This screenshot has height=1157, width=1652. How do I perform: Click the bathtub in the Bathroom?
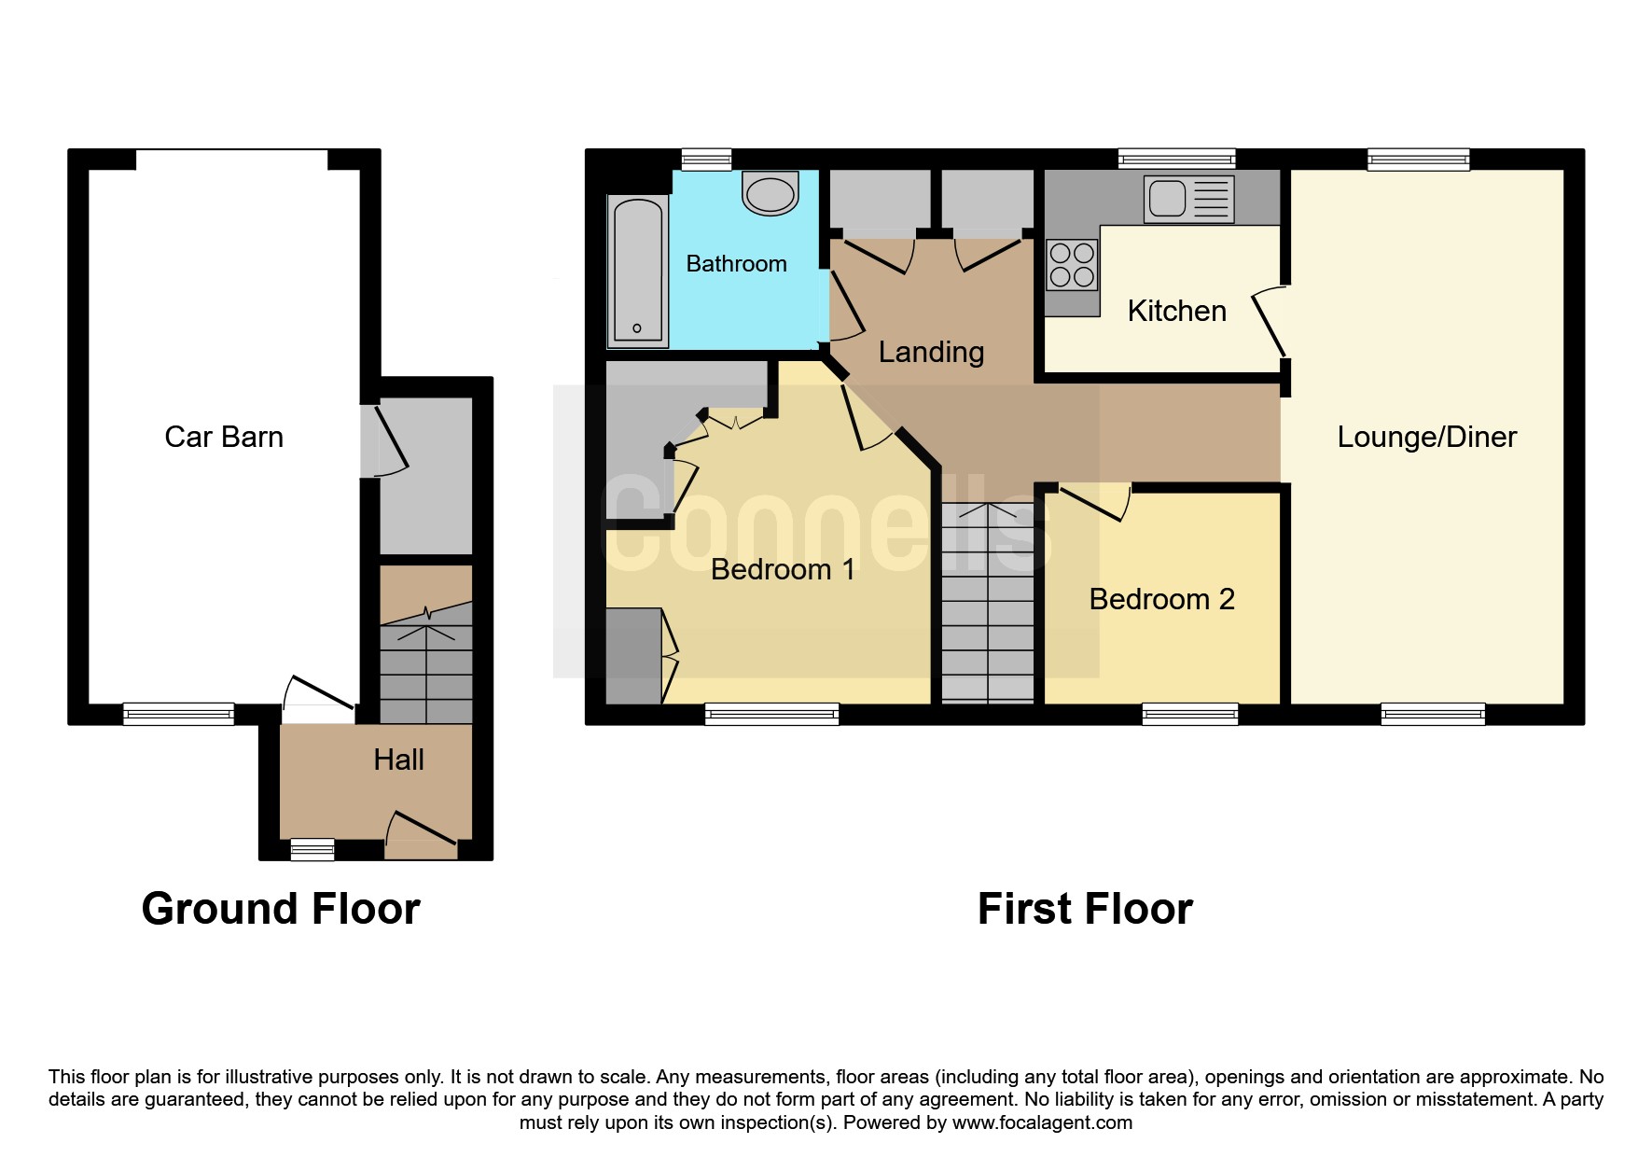click(x=638, y=271)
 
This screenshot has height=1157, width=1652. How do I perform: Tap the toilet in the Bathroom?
click(x=770, y=192)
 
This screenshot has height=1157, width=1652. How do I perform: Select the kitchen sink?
click(x=1188, y=199)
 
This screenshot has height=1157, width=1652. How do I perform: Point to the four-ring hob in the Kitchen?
click(x=1072, y=264)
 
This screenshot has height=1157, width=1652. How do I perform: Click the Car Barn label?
click(x=224, y=437)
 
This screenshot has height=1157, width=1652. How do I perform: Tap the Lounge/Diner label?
click(x=1426, y=437)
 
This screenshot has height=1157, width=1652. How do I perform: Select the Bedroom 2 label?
click(x=1161, y=599)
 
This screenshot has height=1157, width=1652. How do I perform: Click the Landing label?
click(x=931, y=352)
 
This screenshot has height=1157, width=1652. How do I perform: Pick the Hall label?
click(x=398, y=760)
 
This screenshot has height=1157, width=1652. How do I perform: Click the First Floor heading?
click(x=1085, y=909)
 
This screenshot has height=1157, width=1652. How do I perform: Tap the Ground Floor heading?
click(x=281, y=909)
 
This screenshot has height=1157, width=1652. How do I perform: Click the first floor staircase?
click(x=988, y=603)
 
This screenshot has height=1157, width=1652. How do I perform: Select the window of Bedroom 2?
click(x=1190, y=715)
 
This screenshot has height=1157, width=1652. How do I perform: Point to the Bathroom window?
click(x=706, y=160)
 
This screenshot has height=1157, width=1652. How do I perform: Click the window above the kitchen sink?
click(x=1176, y=160)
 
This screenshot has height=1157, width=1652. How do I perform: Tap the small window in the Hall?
click(x=312, y=849)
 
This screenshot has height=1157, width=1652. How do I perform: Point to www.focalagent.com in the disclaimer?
click(x=1042, y=1122)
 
